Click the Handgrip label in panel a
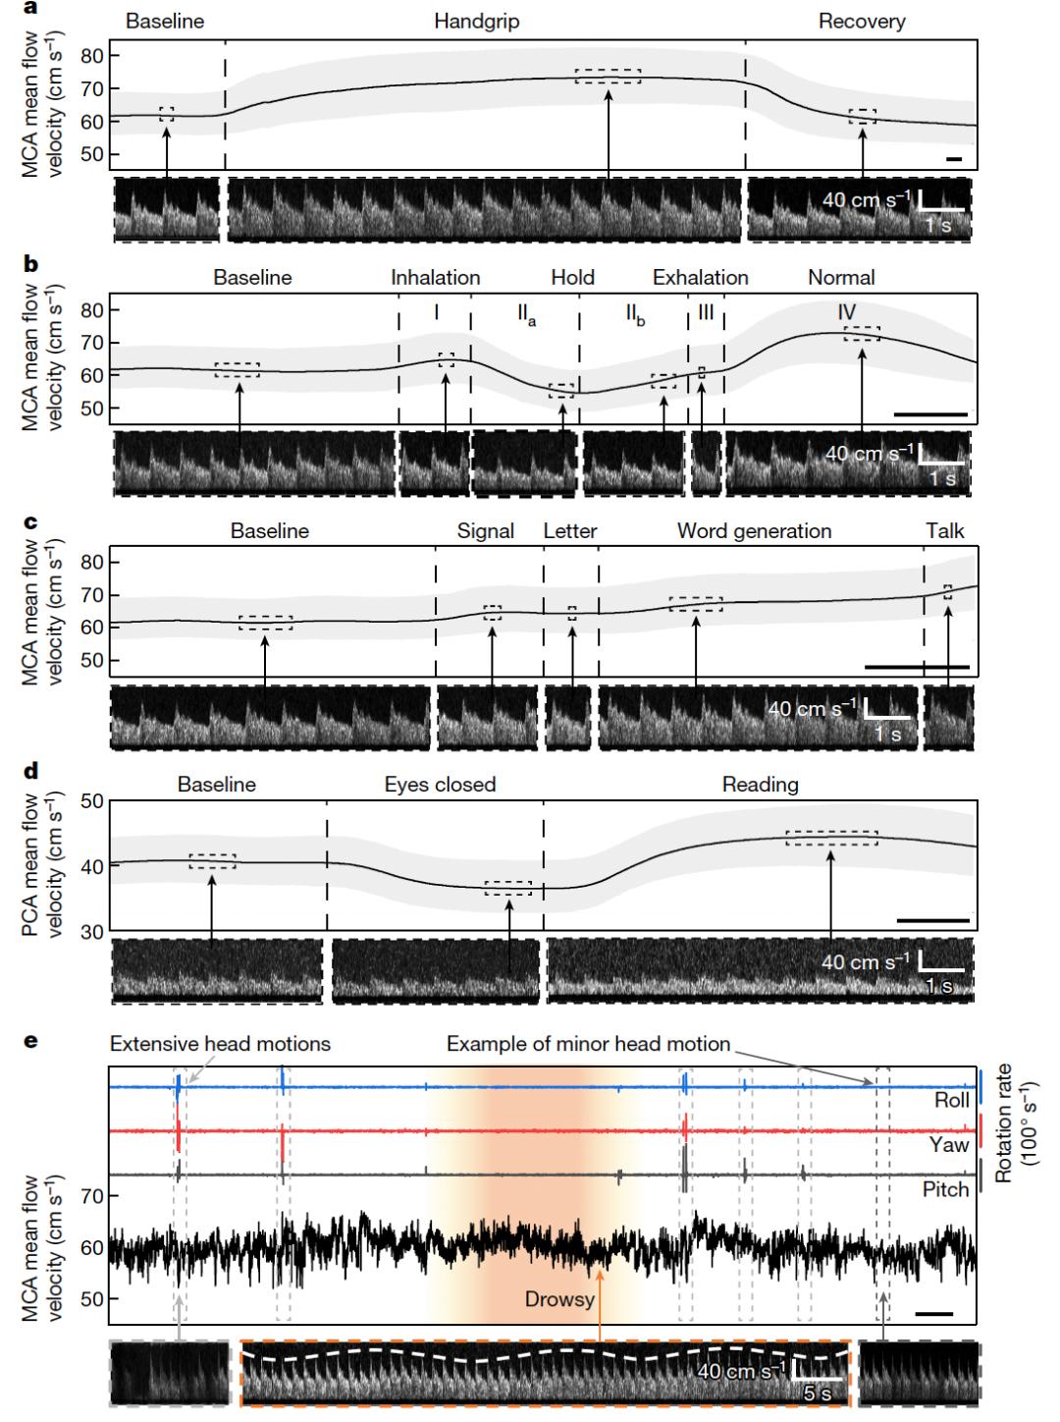(477, 21)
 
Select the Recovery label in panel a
(862, 21)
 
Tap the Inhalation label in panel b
(435, 278)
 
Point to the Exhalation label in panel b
(700, 278)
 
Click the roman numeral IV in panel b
(846, 311)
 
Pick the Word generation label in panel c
(754, 531)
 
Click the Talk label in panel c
(944, 531)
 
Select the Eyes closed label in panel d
(440, 785)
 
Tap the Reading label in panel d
(760, 785)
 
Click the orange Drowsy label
(559, 1299)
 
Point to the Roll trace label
(951, 1101)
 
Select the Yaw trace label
(951, 1145)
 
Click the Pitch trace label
(946, 1189)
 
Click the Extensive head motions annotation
(220, 1044)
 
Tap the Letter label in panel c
(570, 531)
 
